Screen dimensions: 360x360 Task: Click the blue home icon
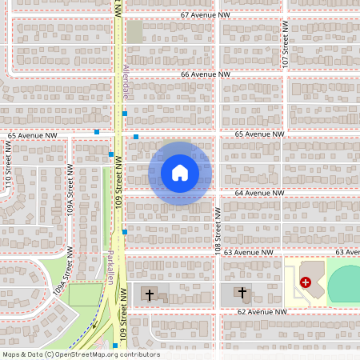point(180,172)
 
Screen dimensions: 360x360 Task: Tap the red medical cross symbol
point(306,282)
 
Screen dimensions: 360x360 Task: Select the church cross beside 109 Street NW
point(149,293)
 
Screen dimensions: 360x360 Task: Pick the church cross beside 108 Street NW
point(242,293)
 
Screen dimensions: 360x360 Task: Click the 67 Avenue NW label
point(205,15)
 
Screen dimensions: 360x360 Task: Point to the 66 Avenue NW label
point(205,74)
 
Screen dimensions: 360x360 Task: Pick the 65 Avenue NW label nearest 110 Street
point(33,135)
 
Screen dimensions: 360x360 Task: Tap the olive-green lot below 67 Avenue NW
point(134,32)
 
